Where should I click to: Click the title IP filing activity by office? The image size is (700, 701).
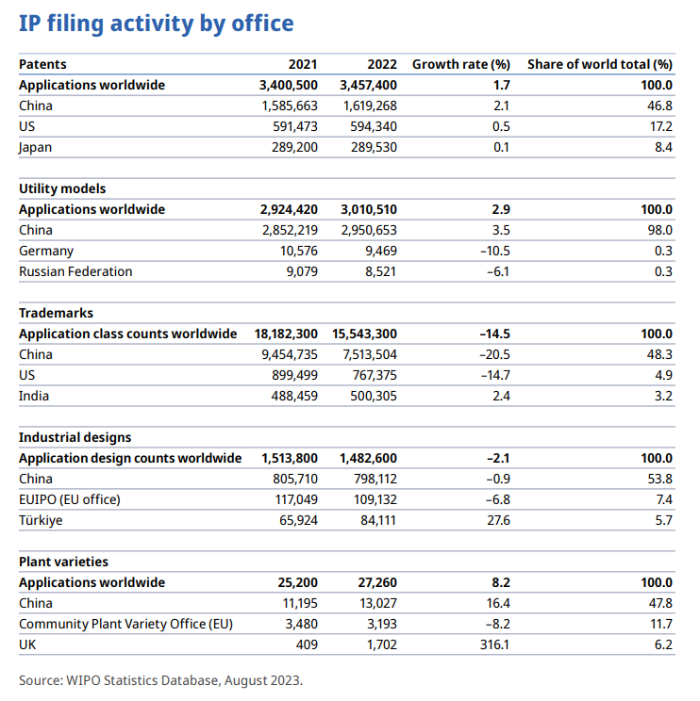tap(157, 24)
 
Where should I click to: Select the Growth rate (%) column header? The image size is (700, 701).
tap(461, 64)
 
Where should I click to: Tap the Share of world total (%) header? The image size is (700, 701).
tap(599, 64)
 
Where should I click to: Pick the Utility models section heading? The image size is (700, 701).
tap(62, 188)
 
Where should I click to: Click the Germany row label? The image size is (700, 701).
tap(46, 251)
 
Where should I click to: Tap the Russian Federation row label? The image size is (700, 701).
tap(75, 271)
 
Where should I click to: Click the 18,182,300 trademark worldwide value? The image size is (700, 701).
tap(286, 334)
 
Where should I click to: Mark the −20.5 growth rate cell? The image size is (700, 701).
tap(493, 354)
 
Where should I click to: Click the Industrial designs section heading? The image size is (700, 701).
tap(75, 437)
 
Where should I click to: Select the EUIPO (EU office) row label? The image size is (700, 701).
tap(70, 499)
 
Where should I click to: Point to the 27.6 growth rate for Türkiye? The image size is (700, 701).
tap(496, 520)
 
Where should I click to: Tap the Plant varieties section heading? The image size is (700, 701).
tap(63, 562)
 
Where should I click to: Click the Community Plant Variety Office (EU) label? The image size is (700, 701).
tap(125, 624)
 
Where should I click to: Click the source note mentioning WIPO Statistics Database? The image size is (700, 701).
tap(160, 679)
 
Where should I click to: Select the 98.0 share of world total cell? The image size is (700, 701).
tap(660, 230)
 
